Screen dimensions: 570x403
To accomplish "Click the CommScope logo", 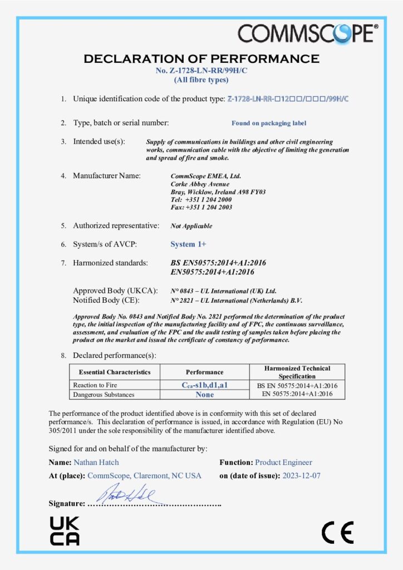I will (308, 35).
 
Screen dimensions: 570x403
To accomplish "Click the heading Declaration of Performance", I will (201, 58).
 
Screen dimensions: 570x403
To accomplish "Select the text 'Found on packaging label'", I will (269, 123).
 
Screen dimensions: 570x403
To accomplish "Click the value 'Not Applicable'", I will (191, 226).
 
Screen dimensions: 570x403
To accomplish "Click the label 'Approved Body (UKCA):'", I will (115, 291).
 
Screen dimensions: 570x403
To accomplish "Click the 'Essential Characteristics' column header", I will (114, 372).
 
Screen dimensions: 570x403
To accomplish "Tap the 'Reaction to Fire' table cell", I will (95, 385).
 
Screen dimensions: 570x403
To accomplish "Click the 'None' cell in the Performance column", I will (204, 395).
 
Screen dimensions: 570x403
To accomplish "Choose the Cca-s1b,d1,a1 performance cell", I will (204, 385).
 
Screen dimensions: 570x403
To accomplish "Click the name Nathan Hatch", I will (96, 462).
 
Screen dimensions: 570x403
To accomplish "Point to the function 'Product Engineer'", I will (283, 462).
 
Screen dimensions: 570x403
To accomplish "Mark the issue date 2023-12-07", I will (301, 476).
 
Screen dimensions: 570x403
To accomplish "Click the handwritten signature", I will (127, 493).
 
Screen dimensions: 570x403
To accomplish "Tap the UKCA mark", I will (65, 530).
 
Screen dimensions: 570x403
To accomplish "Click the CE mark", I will (337, 533).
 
